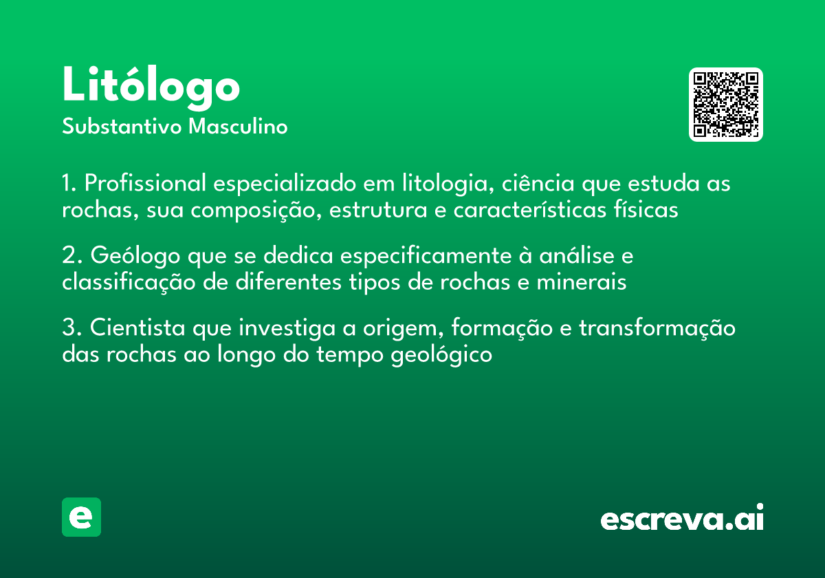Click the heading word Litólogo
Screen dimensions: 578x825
151,85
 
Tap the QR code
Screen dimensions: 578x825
726,105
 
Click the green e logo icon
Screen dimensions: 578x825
81,517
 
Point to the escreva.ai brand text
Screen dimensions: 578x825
682,519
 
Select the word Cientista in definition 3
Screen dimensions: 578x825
137,328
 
